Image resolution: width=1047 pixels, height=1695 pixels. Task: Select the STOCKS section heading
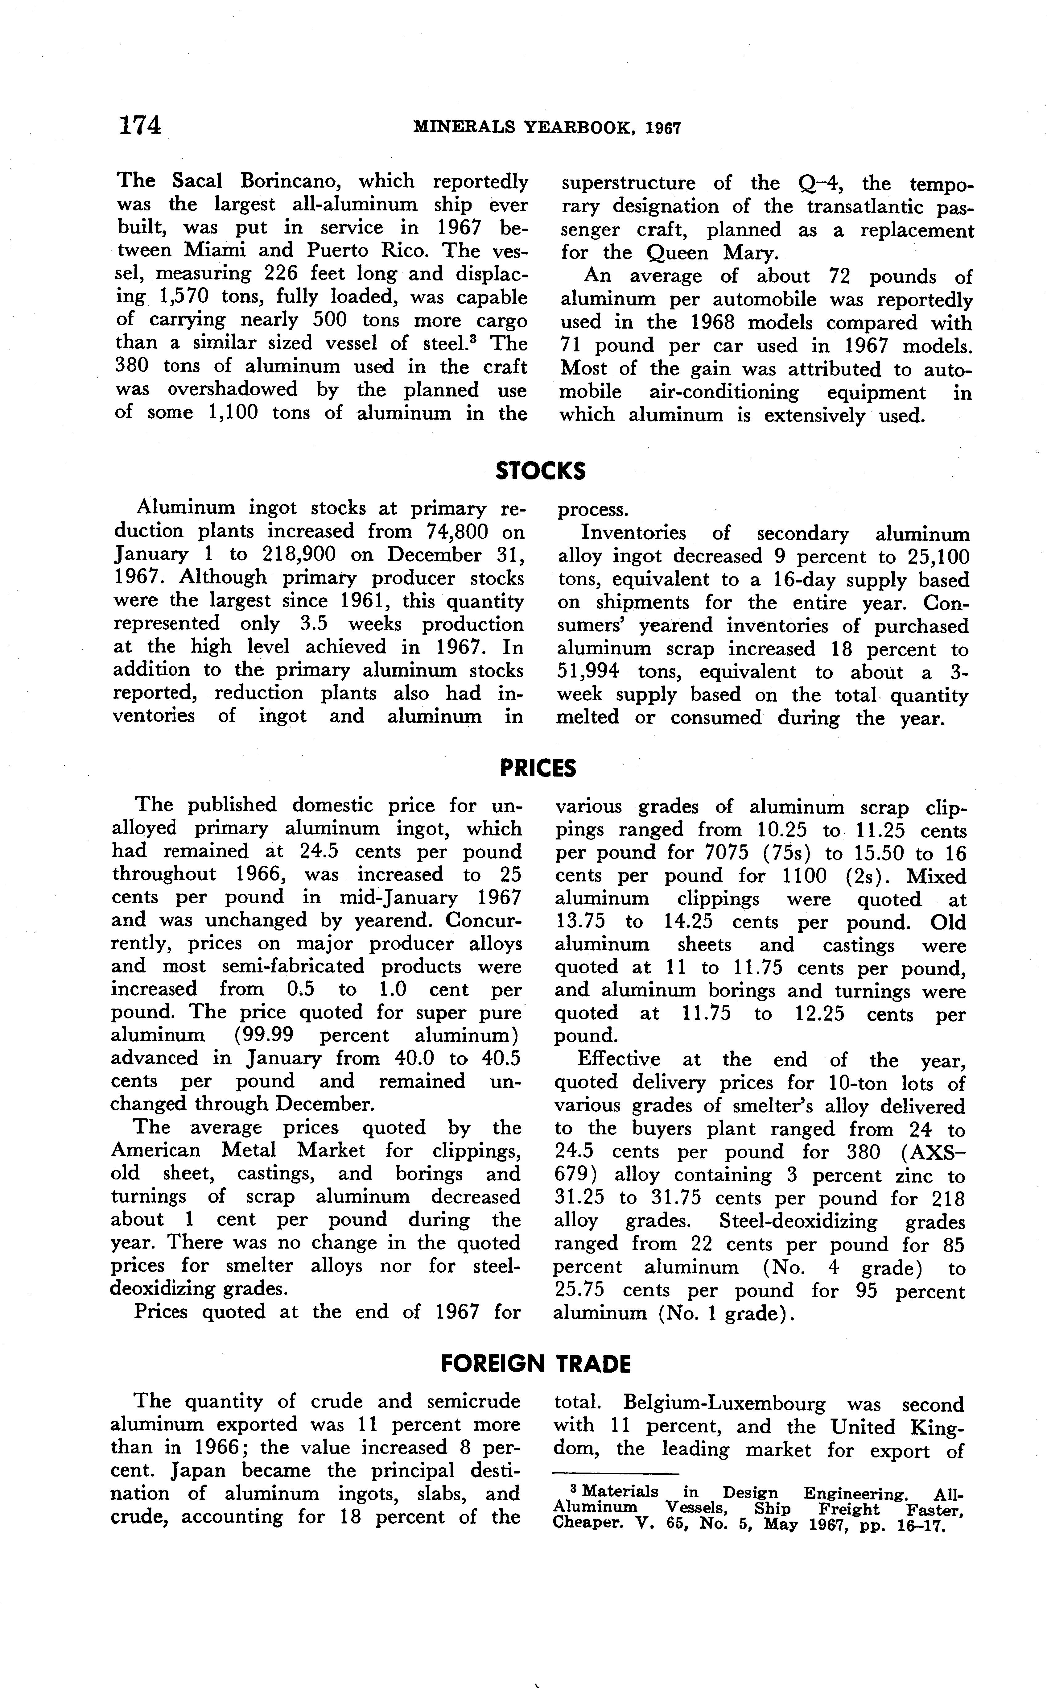tap(540, 472)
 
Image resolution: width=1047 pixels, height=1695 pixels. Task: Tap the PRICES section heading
tap(538, 768)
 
